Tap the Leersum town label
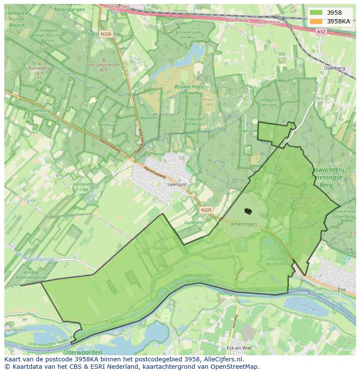[177, 184]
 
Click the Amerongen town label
[243, 224]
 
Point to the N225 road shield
[206, 210]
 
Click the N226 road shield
[105, 33]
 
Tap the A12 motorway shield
[321, 32]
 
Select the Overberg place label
[334, 68]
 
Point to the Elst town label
[342, 289]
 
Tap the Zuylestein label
[194, 222]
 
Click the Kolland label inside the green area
[160, 248]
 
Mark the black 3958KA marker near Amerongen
[248, 211]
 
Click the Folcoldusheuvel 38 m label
[103, 67]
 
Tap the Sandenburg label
[39, 111]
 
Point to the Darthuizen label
[107, 125]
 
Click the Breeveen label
[149, 118]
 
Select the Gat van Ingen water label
[307, 309]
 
